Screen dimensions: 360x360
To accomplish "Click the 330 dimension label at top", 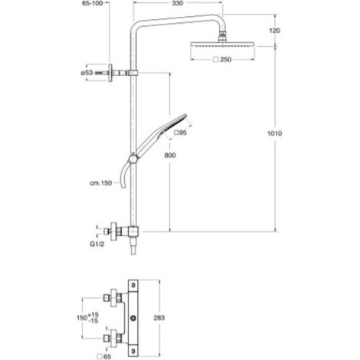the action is pyautogui.click(x=178, y=3).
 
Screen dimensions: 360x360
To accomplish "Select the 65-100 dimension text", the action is pyautogui.click(x=93, y=3).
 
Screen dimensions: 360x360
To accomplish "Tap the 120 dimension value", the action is pyautogui.click(x=274, y=31).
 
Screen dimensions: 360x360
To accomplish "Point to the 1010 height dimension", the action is pyautogui.click(x=274, y=133).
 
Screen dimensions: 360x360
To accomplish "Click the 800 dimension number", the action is pyautogui.click(x=170, y=155).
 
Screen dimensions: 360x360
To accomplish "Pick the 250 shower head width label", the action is pyautogui.click(x=222, y=60).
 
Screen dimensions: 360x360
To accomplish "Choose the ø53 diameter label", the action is pyautogui.click(x=87, y=73).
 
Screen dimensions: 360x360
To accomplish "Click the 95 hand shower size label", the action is pyautogui.click(x=180, y=133).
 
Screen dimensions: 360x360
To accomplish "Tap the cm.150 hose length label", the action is pyautogui.click(x=101, y=183).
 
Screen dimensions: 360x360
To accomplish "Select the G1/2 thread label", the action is pyautogui.click(x=97, y=244).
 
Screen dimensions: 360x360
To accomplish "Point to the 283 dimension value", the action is pyautogui.click(x=159, y=318).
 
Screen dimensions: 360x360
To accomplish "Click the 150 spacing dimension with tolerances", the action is pyautogui.click(x=87, y=318).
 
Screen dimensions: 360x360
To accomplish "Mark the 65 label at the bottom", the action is pyautogui.click(x=104, y=356).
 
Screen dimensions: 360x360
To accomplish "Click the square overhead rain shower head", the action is pyautogui.click(x=222, y=44).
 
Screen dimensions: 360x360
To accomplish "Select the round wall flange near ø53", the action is pyautogui.click(x=110, y=73).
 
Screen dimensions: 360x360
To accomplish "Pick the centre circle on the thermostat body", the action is pyautogui.click(x=133, y=318).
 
